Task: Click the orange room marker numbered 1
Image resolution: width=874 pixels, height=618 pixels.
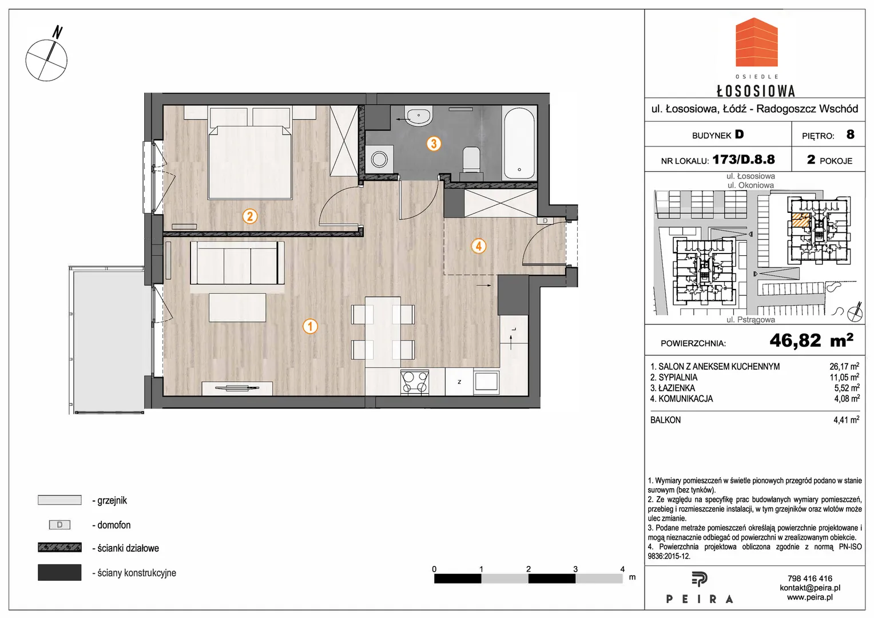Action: pos(310,326)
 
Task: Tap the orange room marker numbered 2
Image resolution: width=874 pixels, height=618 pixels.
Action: pos(250,216)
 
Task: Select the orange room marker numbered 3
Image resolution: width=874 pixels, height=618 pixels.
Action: pos(434,144)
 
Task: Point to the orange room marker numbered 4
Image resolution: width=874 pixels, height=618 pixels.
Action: pos(479,246)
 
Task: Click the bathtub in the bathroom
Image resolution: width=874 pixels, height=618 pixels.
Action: pos(519,142)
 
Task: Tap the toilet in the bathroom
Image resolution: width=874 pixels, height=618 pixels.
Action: pos(471,160)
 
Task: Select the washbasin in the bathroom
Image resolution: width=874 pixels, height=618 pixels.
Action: pos(419,116)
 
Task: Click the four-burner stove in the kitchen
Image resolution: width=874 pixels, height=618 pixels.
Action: pos(415,382)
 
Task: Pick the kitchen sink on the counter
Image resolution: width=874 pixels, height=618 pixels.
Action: pos(486,381)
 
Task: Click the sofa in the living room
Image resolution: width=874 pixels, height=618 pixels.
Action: pos(237,263)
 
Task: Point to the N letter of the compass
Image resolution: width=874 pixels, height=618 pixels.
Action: pos(58,33)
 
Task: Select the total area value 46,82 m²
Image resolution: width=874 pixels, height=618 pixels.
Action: pos(811,340)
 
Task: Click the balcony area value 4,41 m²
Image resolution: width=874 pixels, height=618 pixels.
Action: pos(847,420)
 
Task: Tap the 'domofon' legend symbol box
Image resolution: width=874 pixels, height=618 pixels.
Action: pos(59,525)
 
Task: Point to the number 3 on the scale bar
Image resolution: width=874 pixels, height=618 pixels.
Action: pos(575,569)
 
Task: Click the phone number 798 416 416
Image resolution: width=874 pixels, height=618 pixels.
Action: pos(809,578)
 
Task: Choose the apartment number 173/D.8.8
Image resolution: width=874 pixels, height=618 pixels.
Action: pos(744,159)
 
